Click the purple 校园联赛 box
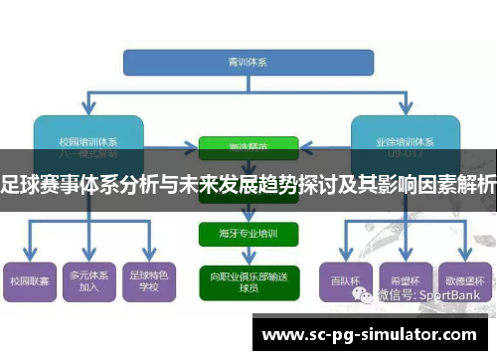click(29, 281)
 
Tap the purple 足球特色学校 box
click(148, 281)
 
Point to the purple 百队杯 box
click(340, 281)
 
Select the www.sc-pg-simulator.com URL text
click(367, 333)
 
